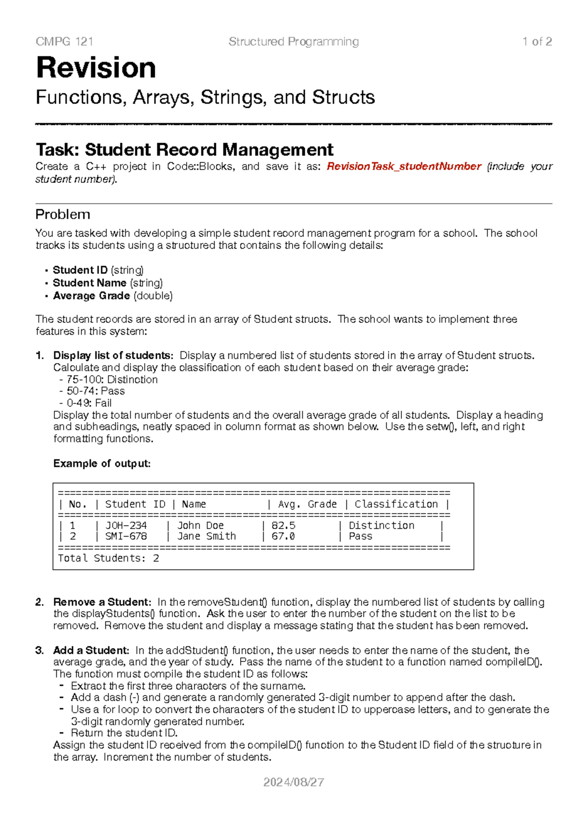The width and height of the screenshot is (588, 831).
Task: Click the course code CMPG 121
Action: click(64, 42)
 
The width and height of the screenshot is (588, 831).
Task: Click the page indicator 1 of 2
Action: click(537, 42)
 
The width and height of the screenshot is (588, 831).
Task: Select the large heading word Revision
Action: click(96, 68)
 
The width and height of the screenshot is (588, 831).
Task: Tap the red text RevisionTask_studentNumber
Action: click(404, 167)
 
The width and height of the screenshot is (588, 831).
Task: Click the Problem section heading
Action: click(63, 215)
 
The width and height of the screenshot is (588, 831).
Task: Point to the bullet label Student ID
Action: click(80, 270)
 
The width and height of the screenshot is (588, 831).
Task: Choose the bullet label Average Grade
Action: click(91, 296)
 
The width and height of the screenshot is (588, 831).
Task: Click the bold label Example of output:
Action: click(102, 464)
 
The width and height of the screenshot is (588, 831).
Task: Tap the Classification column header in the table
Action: click(396, 504)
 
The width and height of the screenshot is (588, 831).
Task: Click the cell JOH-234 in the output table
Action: click(126, 525)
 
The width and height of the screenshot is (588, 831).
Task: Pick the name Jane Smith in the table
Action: click(206, 537)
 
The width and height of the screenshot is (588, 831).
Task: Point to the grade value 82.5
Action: click(283, 525)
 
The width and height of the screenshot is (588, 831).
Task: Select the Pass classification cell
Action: click(360, 537)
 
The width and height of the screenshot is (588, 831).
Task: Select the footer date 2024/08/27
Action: click(294, 782)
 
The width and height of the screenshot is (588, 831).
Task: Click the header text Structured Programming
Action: click(294, 42)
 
